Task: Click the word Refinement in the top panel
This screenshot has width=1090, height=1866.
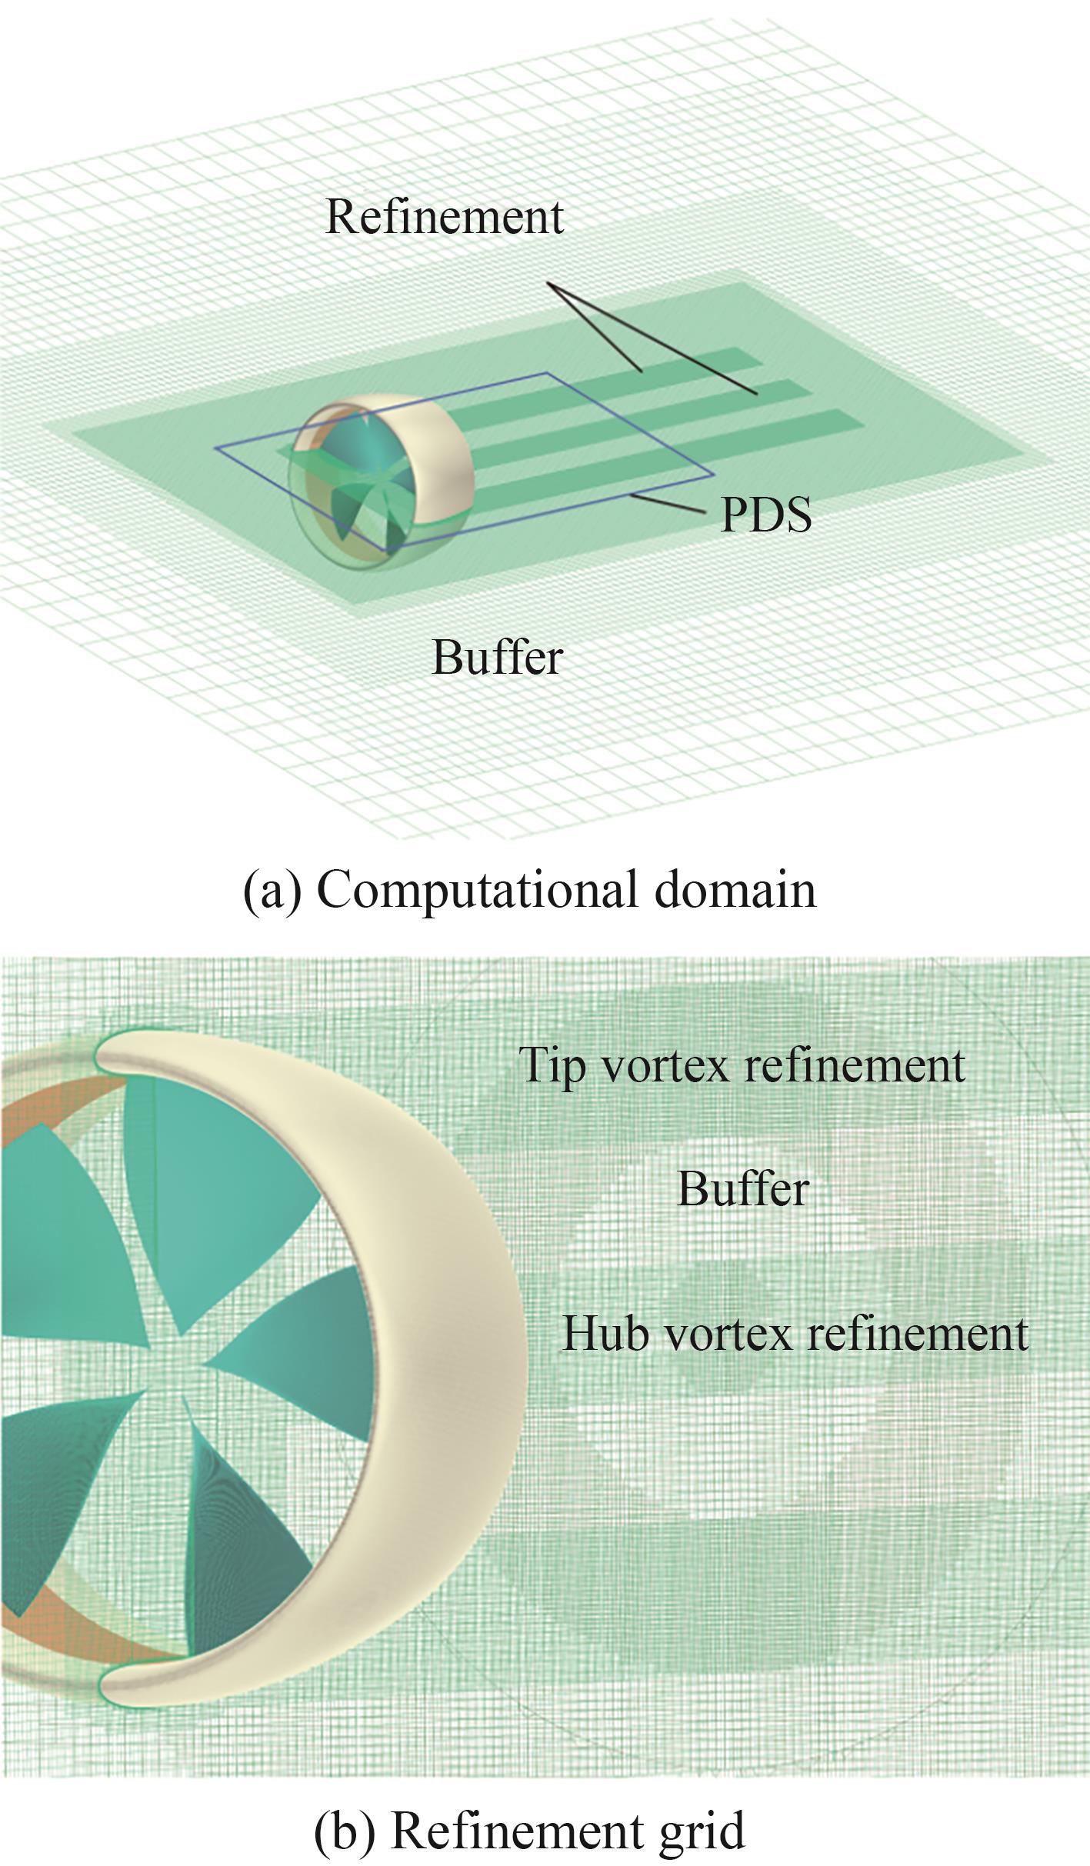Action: (x=445, y=217)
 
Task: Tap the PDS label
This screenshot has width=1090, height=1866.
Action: (x=765, y=515)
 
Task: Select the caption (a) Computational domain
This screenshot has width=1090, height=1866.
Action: (x=529, y=890)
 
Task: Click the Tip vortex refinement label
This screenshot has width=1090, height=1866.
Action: (x=742, y=1065)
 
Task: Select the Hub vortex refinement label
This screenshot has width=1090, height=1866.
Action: (x=795, y=1333)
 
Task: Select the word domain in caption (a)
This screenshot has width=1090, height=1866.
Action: (x=735, y=890)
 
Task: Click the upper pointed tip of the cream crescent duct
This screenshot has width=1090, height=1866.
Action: (x=104, y=1050)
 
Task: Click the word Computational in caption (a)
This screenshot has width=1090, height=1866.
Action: (x=477, y=890)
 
